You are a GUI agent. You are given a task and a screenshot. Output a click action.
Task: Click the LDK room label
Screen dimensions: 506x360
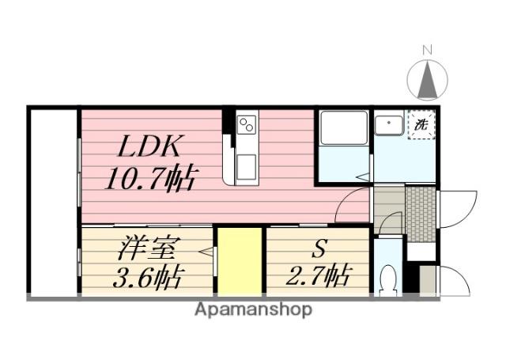point(149,146)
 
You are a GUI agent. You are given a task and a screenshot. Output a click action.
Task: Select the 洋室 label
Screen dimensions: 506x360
point(146,248)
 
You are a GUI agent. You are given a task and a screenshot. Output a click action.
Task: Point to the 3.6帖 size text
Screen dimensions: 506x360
point(149,277)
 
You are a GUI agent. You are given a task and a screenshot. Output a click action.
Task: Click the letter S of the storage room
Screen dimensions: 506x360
point(319,248)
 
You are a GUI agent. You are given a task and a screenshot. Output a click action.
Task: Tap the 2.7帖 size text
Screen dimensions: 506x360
point(318,275)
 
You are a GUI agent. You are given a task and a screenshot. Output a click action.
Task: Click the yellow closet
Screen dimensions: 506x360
point(240,261)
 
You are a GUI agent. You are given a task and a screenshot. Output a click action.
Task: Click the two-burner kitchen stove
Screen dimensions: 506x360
point(247,125)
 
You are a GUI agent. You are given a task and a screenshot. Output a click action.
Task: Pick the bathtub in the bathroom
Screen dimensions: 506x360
point(344,128)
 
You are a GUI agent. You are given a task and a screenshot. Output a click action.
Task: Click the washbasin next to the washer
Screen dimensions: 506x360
point(389,125)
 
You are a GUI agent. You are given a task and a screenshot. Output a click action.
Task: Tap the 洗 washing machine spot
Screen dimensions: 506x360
point(421,125)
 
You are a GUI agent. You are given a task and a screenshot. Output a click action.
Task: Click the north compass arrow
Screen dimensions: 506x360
point(428,80)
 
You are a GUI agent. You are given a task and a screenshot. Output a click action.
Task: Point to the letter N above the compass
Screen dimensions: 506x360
point(427,50)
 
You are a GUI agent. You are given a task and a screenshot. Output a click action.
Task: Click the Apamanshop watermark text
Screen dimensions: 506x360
point(253,310)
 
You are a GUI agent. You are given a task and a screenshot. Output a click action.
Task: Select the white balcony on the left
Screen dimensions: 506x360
point(54,202)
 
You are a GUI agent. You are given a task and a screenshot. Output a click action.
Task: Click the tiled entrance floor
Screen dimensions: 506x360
point(421,214)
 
